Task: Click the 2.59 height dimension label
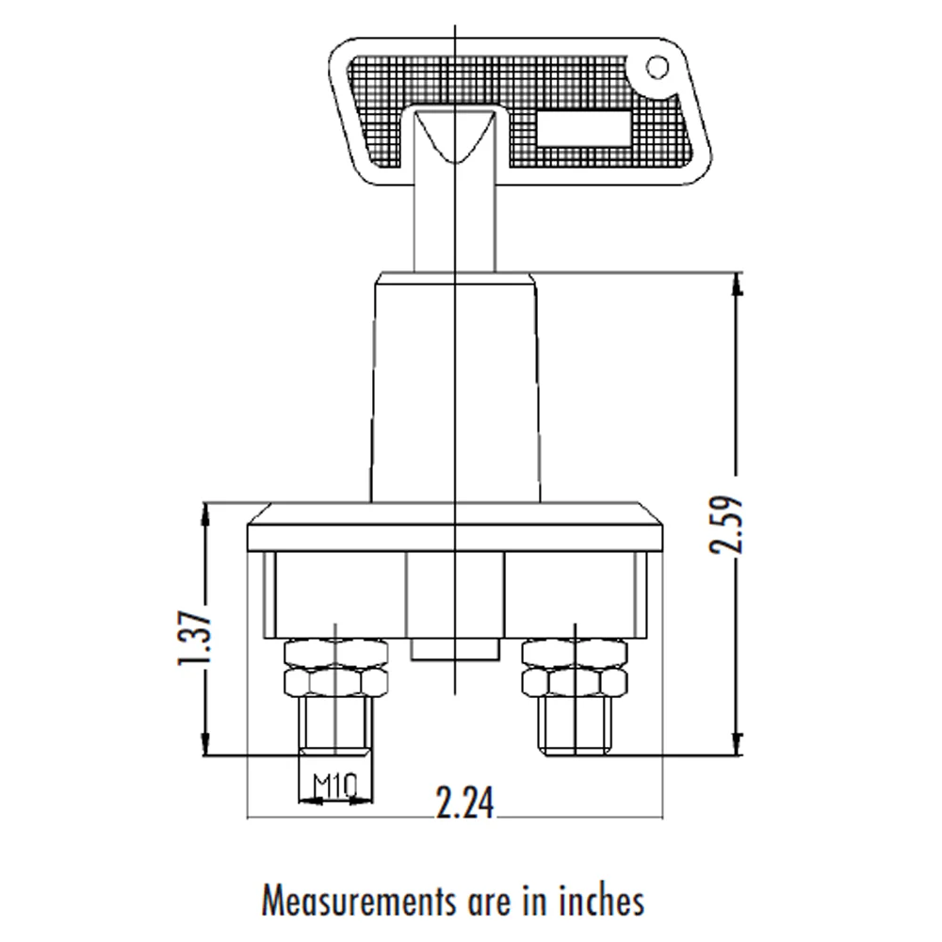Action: pyautogui.click(x=727, y=524)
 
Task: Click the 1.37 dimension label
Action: pyautogui.click(x=195, y=638)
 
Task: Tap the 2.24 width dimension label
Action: pyautogui.click(x=465, y=804)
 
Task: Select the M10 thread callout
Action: pyautogui.click(x=334, y=785)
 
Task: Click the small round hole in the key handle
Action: pyautogui.click(x=658, y=67)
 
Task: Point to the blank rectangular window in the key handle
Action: pyautogui.click(x=583, y=128)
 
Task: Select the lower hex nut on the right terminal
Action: pyautogui.click(x=575, y=682)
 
